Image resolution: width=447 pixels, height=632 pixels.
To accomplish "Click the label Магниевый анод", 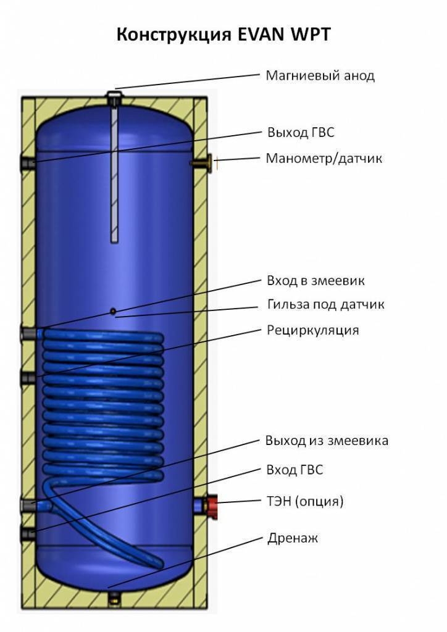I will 320,76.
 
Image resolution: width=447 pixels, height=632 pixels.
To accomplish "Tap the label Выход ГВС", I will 301,133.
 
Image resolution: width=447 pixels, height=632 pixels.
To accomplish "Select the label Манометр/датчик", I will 324,159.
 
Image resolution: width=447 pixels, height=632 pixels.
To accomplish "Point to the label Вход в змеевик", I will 315,281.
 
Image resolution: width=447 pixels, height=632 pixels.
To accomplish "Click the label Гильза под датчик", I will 326,305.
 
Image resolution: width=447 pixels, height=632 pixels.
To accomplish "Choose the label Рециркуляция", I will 312,330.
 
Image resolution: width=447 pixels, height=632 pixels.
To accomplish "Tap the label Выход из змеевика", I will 327,441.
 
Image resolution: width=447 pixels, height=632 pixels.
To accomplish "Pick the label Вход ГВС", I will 295,470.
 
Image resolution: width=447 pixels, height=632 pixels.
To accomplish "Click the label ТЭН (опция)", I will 304,501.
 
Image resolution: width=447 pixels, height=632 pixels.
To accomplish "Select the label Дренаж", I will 292,538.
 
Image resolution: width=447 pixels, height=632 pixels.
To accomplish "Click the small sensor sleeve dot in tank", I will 113,311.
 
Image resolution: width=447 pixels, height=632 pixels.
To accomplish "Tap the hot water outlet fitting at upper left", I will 27,163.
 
